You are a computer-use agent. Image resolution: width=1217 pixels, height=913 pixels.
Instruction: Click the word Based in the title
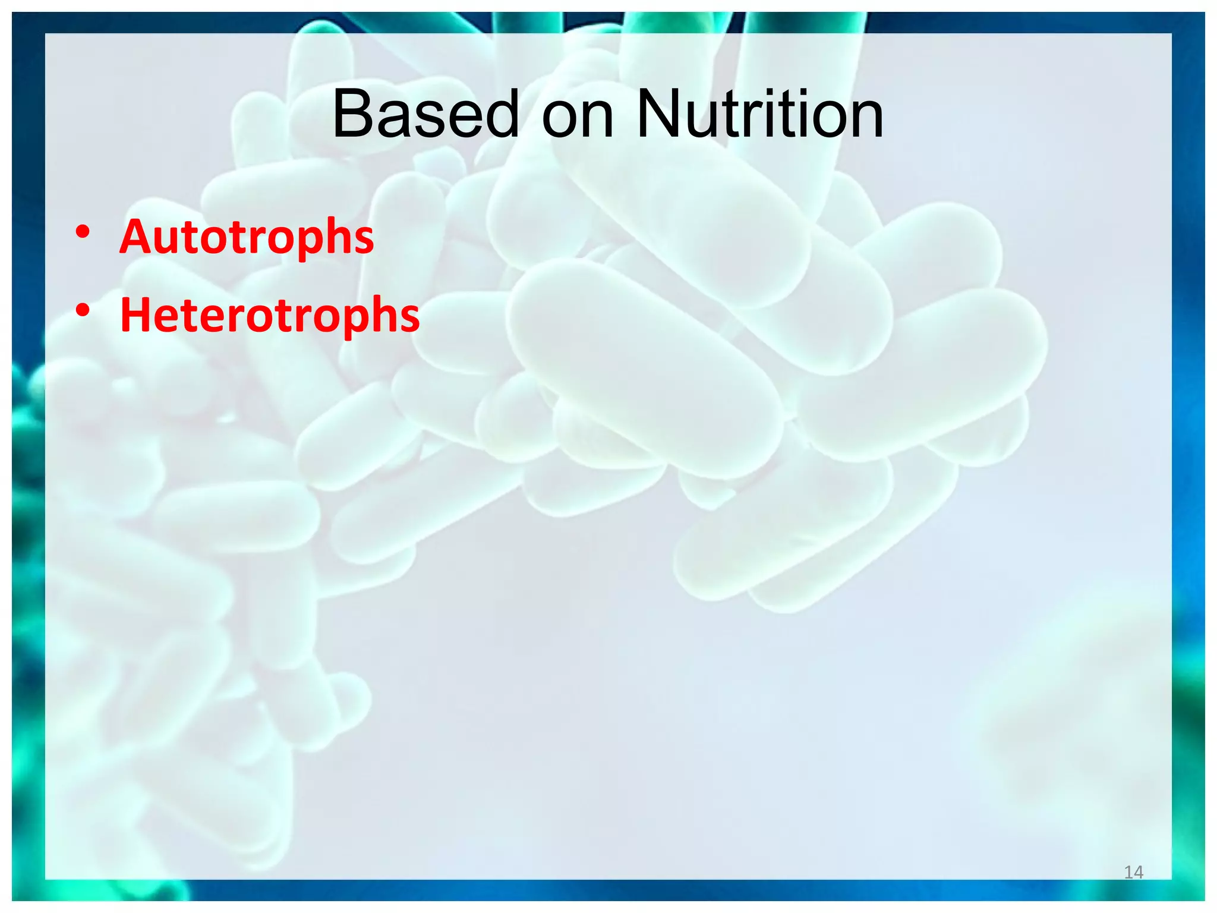(425, 114)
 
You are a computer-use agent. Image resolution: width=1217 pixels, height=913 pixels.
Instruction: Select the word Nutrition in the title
(759, 114)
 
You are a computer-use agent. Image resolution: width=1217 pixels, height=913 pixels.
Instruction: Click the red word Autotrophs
(247, 237)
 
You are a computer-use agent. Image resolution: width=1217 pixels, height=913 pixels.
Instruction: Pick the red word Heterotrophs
(270, 315)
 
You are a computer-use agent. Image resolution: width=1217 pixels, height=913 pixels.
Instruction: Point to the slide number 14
(1134, 872)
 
